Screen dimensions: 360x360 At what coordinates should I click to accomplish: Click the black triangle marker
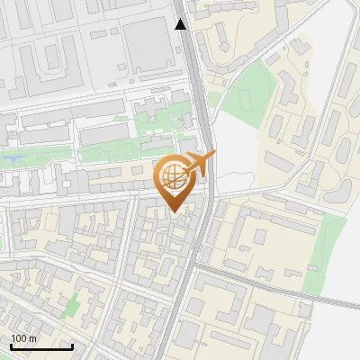pos(181,24)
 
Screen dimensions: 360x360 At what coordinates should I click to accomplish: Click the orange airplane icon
pos(198,164)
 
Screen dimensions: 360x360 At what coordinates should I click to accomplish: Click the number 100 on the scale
pos(19,338)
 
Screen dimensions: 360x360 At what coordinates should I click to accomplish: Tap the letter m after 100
pos(32,338)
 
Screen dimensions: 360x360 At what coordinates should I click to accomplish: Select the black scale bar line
pos(41,346)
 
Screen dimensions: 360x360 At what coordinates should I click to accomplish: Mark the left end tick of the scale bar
pos(11,345)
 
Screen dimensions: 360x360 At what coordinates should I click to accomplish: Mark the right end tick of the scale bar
pos(72,345)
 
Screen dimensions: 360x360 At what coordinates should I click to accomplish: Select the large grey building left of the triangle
pos(148,45)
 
